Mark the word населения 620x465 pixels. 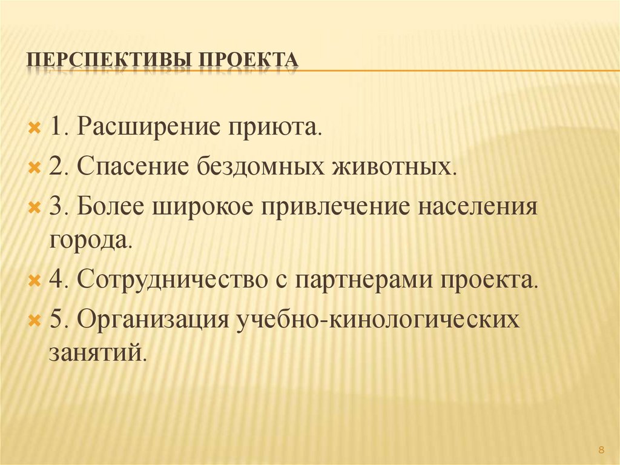tap(477, 207)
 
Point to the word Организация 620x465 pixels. tap(152, 319)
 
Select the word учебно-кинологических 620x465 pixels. tap(378, 319)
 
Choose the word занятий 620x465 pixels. tap(97, 352)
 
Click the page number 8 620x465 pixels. tap(601, 449)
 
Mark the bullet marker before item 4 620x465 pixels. tap(35, 281)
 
